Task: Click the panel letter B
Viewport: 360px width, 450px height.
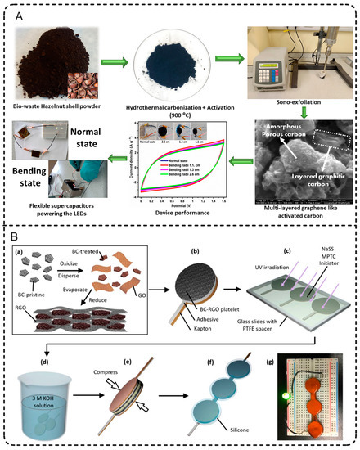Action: point(12,233)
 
